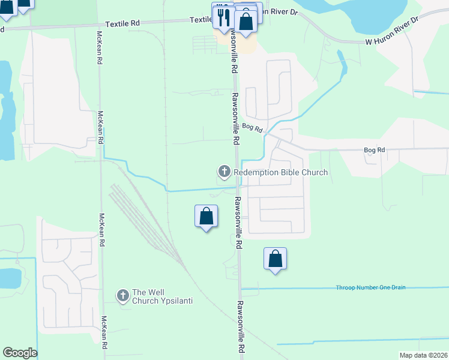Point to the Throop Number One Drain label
coord(370,287)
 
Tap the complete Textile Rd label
coord(122,23)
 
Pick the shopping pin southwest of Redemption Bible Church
coord(206,216)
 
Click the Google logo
coord(20,353)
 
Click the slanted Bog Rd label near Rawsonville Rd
coord(253,128)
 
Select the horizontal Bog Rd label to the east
coord(374,150)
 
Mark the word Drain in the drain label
coord(397,287)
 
